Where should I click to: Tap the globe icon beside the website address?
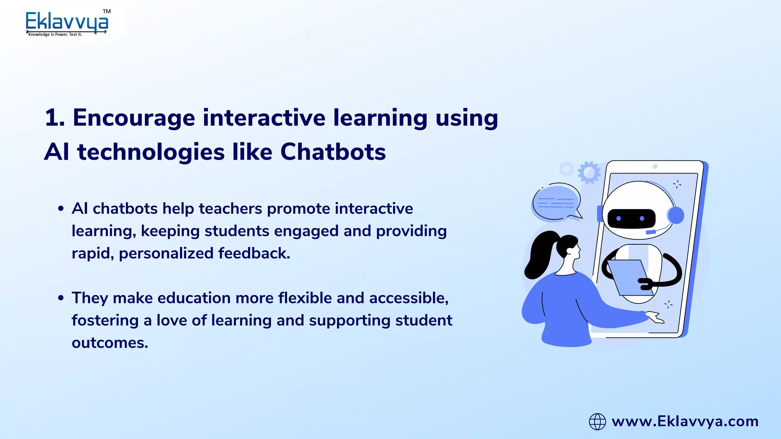[597, 421]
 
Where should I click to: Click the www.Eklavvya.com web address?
[685, 421]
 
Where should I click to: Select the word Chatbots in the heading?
[333, 152]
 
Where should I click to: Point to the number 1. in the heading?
[55, 117]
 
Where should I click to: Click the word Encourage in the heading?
[134, 118]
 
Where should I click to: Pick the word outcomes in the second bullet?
[110, 343]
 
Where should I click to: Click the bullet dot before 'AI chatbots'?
[61, 208]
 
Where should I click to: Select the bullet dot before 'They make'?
[61, 298]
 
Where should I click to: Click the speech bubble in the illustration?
[556, 202]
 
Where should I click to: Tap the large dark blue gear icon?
[589, 172]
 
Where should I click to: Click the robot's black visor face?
[631, 218]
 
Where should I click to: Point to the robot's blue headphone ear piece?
[676, 215]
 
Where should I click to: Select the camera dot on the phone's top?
[655, 167]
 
